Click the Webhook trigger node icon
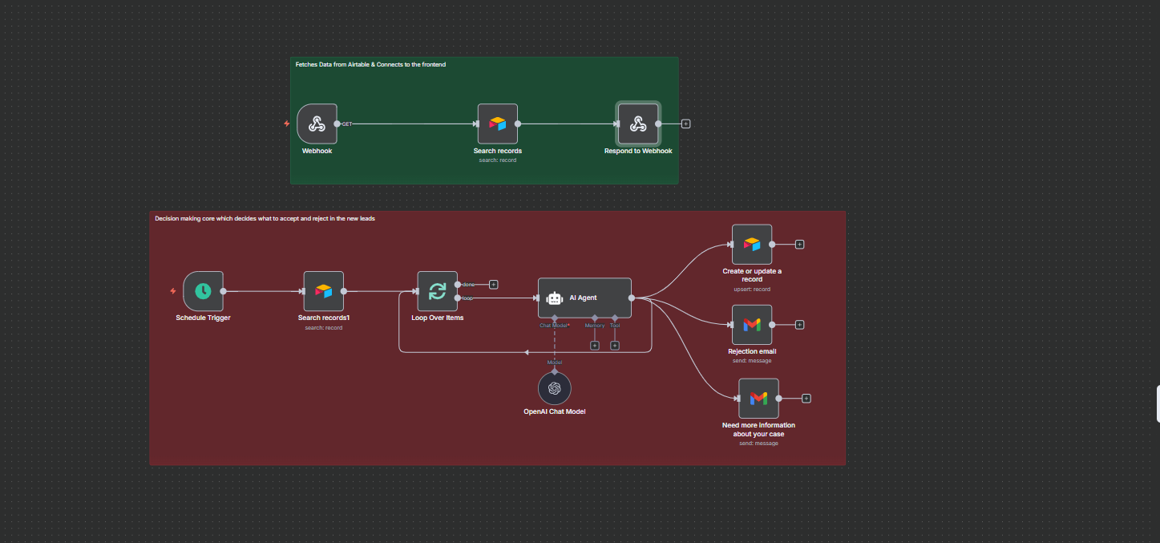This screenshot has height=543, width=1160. tap(317, 124)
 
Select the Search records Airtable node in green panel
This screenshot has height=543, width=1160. tap(497, 124)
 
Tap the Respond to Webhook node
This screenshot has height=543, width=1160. tap(637, 124)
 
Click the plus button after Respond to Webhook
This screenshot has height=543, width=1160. tap(685, 124)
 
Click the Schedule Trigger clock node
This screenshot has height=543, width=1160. tap(203, 291)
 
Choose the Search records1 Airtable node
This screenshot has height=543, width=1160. tap(323, 291)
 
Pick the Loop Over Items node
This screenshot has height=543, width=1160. tap(437, 291)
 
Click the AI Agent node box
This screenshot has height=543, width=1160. tap(584, 298)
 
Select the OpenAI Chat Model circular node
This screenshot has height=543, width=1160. tap(554, 388)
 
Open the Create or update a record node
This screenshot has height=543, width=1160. tap(751, 244)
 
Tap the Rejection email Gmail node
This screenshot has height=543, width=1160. tap(751, 324)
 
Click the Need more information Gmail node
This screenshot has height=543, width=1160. tap(758, 398)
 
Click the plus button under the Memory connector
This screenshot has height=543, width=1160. tap(595, 346)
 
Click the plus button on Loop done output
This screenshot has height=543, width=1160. tap(494, 284)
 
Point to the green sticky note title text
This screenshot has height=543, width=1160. tap(370, 64)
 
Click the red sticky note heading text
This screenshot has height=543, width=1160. tap(265, 218)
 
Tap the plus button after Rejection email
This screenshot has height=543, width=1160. tap(799, 325)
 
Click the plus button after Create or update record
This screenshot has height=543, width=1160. tap(799, 244)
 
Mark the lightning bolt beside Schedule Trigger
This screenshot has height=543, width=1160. tap(172, 291)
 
